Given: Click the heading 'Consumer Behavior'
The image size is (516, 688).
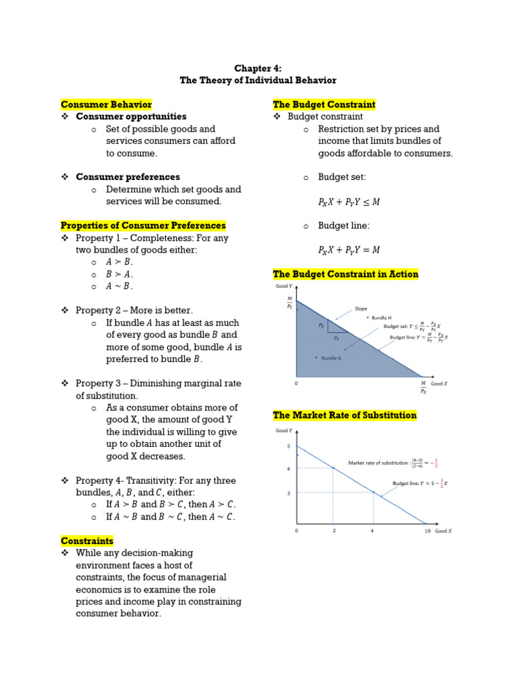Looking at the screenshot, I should [106, 105].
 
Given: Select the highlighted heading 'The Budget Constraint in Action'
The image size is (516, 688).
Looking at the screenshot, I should [345, 274].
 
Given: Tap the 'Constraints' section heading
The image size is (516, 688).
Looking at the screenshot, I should [87, 541].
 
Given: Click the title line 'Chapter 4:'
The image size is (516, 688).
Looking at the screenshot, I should [257, 69].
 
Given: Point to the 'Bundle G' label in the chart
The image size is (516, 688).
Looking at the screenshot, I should [331, 358].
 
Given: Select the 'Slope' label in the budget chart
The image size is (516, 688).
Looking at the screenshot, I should [361, 309].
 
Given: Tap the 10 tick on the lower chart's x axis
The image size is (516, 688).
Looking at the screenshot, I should [427, 531].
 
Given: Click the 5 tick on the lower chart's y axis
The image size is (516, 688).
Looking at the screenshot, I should [288, 446].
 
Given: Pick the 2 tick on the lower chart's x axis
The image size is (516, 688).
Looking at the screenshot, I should [334, 531].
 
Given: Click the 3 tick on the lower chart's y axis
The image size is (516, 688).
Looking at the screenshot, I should [288, 492].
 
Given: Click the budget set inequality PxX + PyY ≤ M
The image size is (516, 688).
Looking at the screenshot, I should [349, 202].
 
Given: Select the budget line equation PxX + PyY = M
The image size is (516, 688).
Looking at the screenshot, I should [349, 250].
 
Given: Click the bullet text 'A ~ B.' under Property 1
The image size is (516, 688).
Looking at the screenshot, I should [120, 286].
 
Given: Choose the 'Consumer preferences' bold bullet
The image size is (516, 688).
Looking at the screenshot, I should [128, 177].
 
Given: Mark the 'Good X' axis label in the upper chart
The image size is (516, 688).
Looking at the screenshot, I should [439, 384].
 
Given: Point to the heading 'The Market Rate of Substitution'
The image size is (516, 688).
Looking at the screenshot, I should [345, 416].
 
